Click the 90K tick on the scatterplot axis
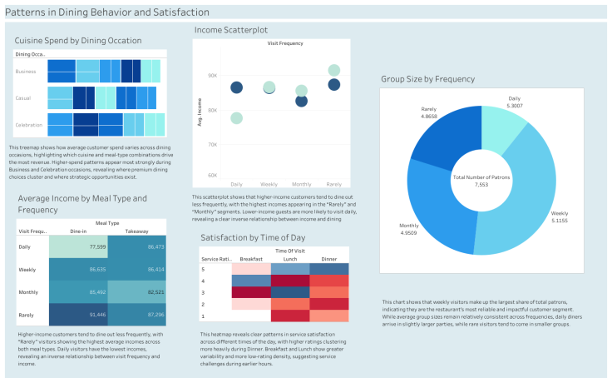212,75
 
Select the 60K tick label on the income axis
212,176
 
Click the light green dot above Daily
237,118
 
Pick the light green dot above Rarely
334,71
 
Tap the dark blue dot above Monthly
301,101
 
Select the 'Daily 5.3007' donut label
515,102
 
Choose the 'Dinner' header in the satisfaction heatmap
328,259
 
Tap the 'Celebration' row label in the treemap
29,124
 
